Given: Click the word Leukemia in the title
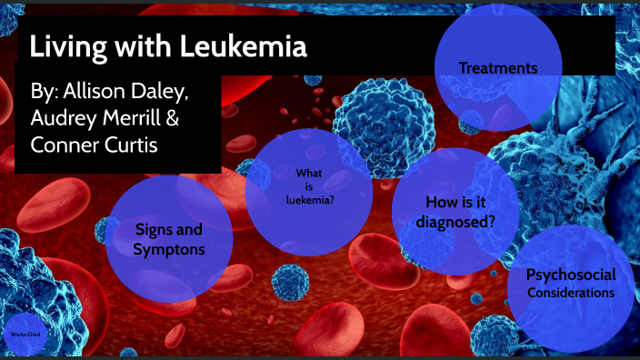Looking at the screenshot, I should [245, 46].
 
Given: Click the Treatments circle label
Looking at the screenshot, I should [497, 68].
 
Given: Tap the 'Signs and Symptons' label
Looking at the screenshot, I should [168, 239].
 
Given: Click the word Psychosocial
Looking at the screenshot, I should [571, 275].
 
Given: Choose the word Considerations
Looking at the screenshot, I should [571, 293].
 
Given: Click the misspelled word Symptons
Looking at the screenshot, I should [168, 249].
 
